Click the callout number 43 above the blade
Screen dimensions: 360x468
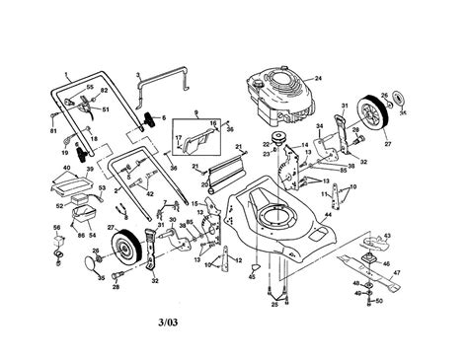click(386, 237)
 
